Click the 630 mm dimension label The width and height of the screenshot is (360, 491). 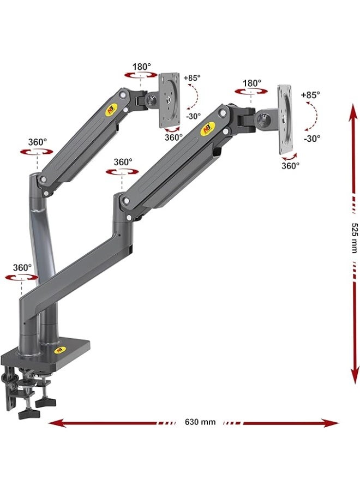[200, 422]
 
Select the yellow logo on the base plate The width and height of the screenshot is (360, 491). [59, 350]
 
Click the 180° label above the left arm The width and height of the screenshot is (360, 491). [141, 67]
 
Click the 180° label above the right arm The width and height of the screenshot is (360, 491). [252, 83]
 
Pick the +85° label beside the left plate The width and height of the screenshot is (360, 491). [192, 78]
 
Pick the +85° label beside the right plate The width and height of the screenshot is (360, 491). [310, 94]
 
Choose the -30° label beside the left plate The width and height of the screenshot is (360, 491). [193, 116]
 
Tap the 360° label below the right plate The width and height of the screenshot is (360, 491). [290, 165]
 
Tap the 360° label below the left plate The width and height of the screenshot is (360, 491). [173, 137]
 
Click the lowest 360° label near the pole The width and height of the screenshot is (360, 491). [22, 268]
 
